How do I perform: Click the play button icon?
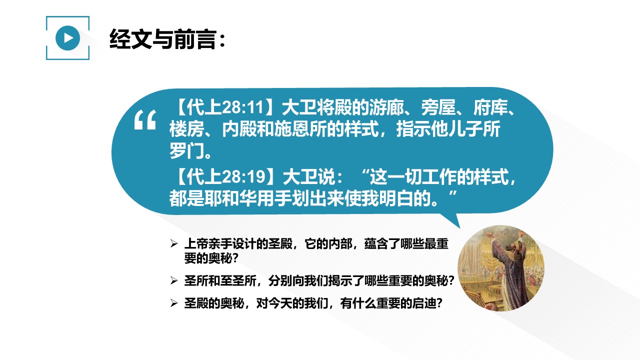[67, 38]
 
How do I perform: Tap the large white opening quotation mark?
[145, 120]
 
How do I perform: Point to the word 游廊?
[386, 107]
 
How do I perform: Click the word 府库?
[491, 107]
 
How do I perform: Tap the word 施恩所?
[300, 129]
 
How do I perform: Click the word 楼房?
[186, 129]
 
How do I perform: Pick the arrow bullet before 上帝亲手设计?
[173, 243]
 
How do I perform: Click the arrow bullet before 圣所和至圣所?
[173, 280]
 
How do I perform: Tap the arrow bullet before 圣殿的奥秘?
[173, 303]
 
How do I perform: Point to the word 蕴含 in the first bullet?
[376, 244]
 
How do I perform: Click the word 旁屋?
[438, 107]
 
